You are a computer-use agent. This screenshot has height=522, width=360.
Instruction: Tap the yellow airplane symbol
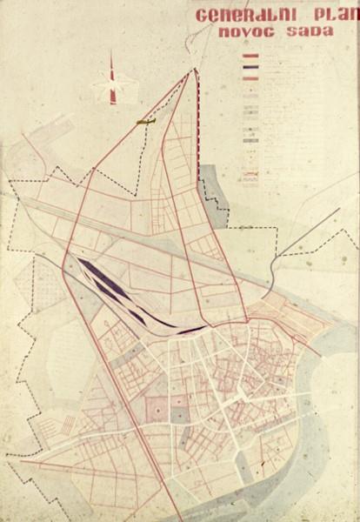click(x=146, y=123)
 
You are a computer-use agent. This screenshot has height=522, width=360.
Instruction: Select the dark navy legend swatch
click(x=251, y=67)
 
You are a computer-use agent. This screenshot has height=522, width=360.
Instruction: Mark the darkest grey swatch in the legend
click(x=251, y=139)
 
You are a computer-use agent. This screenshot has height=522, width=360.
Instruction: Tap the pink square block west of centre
click(x=157, y=410)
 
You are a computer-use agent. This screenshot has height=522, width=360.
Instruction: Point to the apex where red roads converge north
click(x=190, y=74)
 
